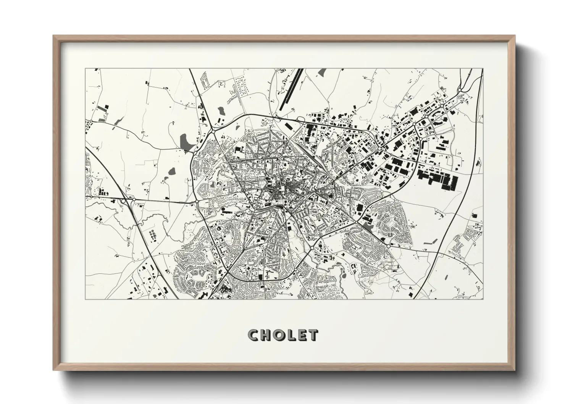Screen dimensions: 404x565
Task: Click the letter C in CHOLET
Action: click(253, 335)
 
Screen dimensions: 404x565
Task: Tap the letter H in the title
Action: click(266, 335)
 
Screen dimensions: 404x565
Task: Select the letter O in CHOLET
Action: click(280, 335)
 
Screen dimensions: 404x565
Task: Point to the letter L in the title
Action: click(292, 335)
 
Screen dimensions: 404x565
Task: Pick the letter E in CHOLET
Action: click(302, 335)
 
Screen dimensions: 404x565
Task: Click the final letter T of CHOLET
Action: click(313, 335)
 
